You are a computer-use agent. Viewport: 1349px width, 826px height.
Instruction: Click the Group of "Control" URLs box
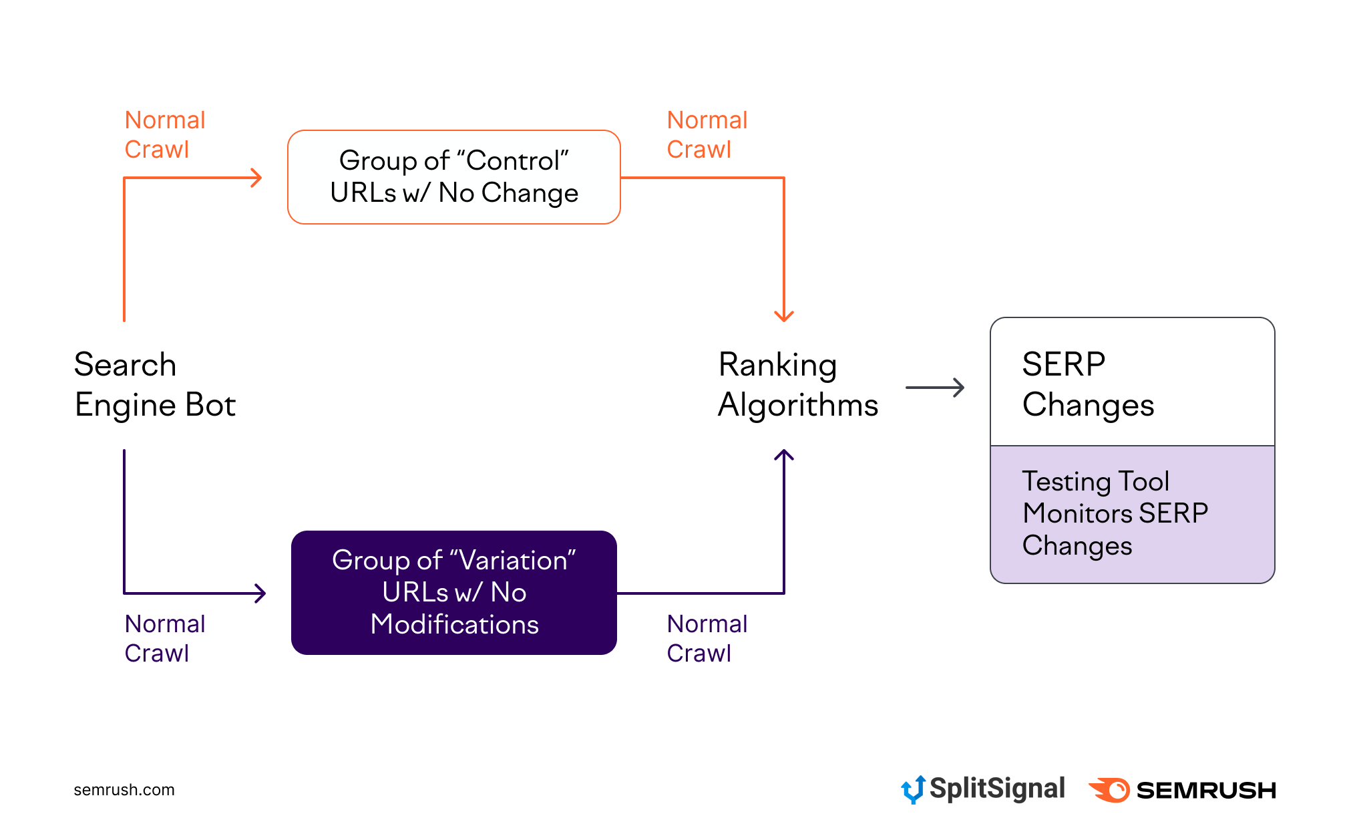point(453,177)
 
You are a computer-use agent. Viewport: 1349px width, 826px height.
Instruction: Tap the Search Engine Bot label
point(155,385)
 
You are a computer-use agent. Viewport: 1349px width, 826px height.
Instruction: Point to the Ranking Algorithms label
point(797,385)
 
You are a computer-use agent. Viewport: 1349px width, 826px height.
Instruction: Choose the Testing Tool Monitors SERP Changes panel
point(1132,513)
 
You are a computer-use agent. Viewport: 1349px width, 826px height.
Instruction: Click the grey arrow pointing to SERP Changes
point(935,388)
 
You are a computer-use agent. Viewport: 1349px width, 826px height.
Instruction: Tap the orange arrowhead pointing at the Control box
point(256,178)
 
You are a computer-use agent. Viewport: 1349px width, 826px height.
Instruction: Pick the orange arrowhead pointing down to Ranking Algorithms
point(783,315)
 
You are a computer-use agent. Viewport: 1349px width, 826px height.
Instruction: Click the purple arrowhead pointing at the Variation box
point(260,593)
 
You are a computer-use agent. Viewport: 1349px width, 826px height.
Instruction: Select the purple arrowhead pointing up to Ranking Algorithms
point(783,456)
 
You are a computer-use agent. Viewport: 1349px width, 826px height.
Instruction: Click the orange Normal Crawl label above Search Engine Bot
point(164,135)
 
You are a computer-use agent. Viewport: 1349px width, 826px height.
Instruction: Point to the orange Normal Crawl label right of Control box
point(707,135)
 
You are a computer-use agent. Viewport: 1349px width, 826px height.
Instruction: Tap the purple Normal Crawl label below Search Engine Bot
point(164,638)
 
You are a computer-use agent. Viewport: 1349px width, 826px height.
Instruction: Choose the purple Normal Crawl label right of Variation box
point(707,638)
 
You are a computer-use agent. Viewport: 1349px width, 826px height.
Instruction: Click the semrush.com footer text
point(124,790)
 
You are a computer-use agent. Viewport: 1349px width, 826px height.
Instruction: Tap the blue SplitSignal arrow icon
point(912,789)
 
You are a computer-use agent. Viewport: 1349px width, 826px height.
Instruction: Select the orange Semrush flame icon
point(1109,790)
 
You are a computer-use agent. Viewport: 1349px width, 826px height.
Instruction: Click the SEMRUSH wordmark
point(1206,791)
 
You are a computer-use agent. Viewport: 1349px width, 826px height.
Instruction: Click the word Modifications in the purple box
point(454,625)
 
